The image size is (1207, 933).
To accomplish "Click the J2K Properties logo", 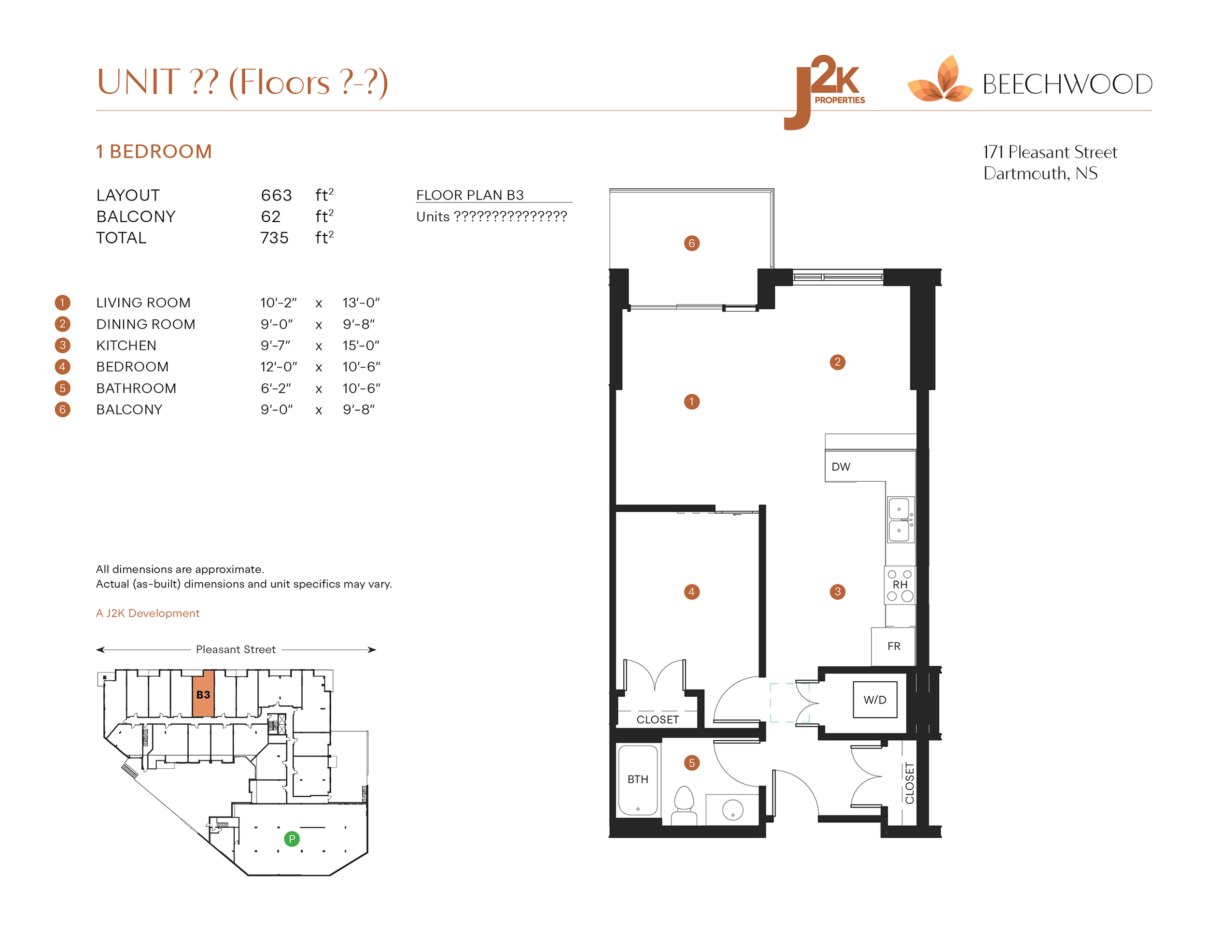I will coord(824,91).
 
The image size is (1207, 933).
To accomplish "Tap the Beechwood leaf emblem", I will coord(940,80).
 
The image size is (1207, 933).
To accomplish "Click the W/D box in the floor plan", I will coord(874,700).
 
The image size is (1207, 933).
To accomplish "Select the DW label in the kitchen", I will coord(841,466).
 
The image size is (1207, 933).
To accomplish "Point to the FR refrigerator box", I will coord(893,646).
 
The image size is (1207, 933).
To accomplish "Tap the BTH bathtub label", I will coord(637,779).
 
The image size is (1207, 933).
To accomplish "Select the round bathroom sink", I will coord(732,810).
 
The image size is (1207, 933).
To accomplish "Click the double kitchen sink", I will coord(900,519).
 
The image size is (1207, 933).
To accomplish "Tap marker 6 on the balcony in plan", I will coord(691,244).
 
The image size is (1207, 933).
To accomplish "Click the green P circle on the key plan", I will coord(292,839).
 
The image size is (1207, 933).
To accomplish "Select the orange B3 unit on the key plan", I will coord(203,695).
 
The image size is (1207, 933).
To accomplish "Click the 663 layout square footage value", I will coord(276,195).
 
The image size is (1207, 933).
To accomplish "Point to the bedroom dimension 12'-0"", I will coord(279,367).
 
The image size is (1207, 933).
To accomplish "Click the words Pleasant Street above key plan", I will coord(236,649).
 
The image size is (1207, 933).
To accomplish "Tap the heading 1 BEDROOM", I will coord(154,152).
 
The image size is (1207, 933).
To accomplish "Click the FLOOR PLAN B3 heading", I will coord(469,195).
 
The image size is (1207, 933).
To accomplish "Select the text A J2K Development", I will coord(148,613).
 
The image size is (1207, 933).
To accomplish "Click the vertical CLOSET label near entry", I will coord(909,783).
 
